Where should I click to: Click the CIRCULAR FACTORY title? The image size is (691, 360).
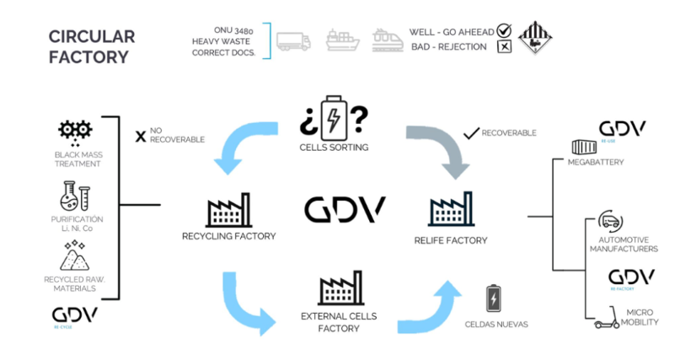[x=91, y=47]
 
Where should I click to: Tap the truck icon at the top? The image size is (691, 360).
[x=293, y=40]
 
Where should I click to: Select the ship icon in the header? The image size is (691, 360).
[x=341, y=40]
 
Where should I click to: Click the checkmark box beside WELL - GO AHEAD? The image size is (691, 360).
[x=505, y=31]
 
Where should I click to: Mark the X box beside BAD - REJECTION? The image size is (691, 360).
[x=505, y=46]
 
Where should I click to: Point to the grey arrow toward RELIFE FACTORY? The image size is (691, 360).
[x=439, y=148]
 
